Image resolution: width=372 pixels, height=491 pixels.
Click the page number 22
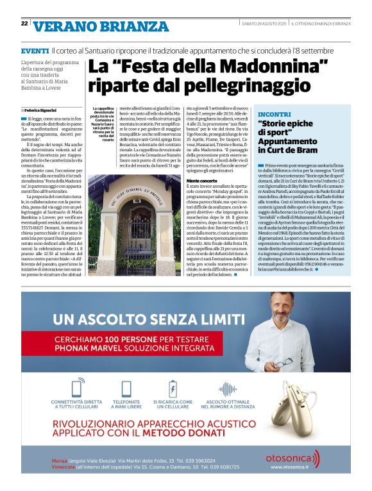point(24,23)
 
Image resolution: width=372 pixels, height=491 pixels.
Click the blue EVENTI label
point(35,51)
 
